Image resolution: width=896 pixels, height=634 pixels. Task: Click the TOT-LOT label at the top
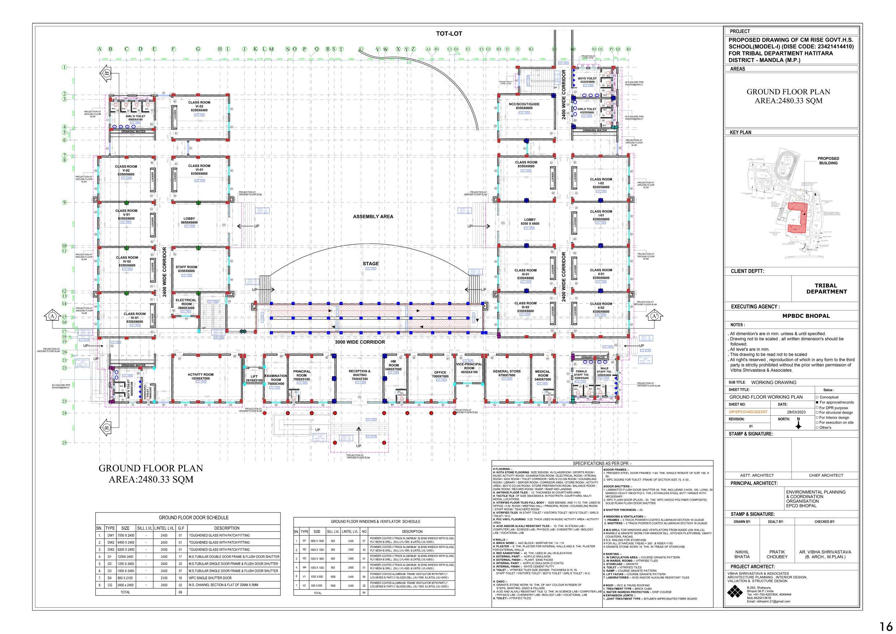[449, 34]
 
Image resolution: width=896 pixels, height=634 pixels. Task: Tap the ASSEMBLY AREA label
[373, 217]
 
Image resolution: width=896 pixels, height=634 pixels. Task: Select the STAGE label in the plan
[370, 264]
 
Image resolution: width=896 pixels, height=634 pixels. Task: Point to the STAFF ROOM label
[186, 269]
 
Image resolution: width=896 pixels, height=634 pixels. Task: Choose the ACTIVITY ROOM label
[201, 376]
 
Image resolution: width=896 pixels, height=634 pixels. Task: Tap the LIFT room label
[254, 378]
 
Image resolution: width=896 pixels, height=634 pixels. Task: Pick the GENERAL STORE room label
[507, 373]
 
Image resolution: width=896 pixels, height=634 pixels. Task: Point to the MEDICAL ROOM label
[542, 375]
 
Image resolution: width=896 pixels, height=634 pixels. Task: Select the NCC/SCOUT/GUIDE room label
[524, 106]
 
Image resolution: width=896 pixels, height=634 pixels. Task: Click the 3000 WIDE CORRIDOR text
[360, 342]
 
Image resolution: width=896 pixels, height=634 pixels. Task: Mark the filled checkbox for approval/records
[817, 402]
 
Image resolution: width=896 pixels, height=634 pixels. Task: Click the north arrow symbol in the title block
[798, 425]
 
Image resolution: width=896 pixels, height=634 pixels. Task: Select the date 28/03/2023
[796, 412]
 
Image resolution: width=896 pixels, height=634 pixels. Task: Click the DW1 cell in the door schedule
[111, 536]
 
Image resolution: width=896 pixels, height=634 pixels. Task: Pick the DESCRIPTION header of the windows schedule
[412, 532]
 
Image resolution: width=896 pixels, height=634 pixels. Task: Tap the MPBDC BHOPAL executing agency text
[806, 316]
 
